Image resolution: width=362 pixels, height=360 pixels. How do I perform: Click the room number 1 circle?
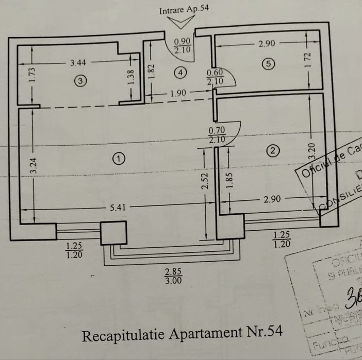(x=119, y=159)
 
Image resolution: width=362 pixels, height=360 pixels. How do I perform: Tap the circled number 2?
(x=273, y=150)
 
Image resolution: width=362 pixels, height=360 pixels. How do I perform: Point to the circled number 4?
(x=179, y=73)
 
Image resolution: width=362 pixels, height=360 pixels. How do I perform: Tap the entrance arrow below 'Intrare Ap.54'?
(x=183, y=22)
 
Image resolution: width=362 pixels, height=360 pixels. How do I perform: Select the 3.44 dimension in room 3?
(x=78, y=63)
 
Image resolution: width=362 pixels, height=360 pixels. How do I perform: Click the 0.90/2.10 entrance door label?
(x=183, y=46)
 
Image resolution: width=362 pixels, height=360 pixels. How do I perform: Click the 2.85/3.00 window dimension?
(x=173, y=276)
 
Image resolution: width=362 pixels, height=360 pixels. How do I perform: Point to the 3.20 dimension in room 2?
(x=311, y=150)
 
